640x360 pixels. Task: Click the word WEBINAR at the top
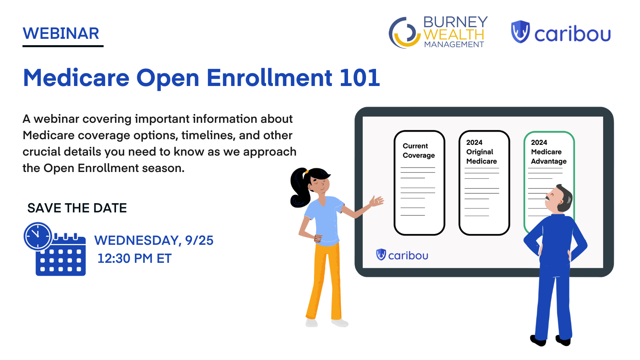tap(61, 34)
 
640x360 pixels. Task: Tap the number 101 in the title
tap(359, 78)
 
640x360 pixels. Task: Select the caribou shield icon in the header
tap(520, 32)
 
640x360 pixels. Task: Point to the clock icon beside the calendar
tap(38, 236)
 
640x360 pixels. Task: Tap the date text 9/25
tap(199, 240)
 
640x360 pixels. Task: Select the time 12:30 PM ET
tap(134, 259)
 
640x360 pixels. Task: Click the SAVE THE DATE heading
tap(77, 208)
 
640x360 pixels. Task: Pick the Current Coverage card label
tap(418, 151)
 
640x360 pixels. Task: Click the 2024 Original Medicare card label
tap(481, 152)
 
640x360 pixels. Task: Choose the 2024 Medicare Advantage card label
tap(548, 152)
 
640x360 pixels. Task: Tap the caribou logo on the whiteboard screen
tap(402, 255)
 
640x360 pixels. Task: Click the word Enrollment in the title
tap(269, 78)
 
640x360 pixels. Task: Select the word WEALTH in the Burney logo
tap(454, 34)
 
